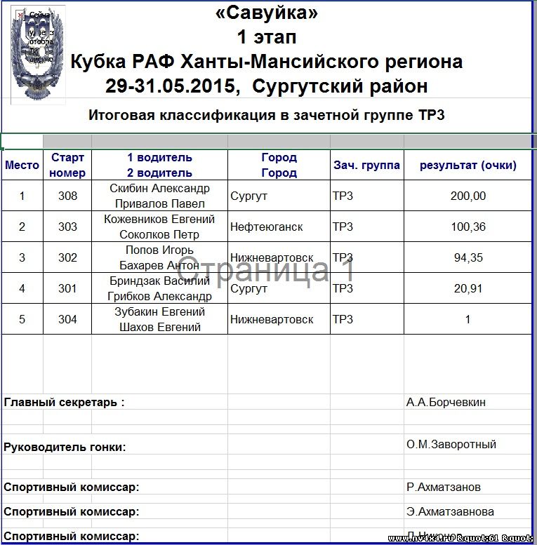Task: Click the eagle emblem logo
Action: [38, 53]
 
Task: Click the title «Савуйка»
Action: [266, 13]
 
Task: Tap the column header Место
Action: [22, 166]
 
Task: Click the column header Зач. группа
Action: [366, 166]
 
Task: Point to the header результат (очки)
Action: [468, 166]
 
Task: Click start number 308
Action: [67, 196]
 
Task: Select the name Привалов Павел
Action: [160, 204]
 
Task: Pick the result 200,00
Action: [468, 196]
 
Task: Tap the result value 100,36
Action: [468, 227]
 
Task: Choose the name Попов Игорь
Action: [159, 250]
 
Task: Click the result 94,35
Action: [468, 258]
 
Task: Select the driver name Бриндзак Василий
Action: [160, 281]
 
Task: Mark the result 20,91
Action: [468, 289]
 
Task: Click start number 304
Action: [67, 320]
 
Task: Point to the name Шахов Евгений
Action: [160, 328]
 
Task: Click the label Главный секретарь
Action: [64, 403]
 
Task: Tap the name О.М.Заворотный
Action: [451, 445]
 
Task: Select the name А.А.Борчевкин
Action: [446, 403]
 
